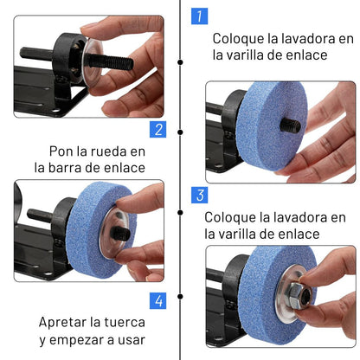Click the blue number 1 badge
[199, 16]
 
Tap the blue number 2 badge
[157, 129]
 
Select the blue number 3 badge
[199, 195]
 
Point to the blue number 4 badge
[157, 301]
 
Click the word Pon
[61, 151]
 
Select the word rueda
[109, 151]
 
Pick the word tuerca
[125, 323]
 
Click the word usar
[131, 340]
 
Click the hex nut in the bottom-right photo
[300, 295]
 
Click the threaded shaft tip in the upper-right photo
[290, 126]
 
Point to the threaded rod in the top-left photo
[111, 61]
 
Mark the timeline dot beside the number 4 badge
[180, 297]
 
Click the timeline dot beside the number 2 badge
[180, 132]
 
